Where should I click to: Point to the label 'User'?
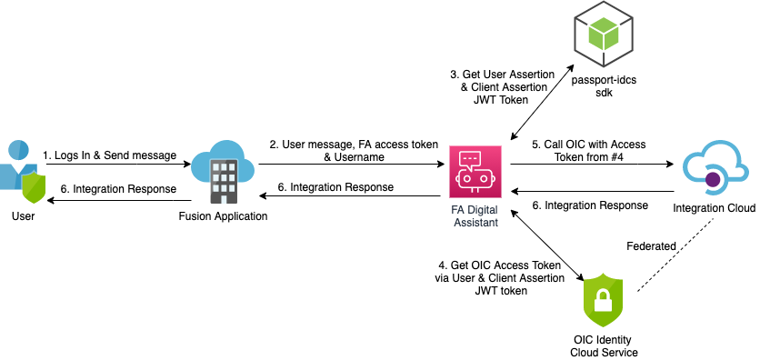23,217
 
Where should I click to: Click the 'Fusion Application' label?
224,217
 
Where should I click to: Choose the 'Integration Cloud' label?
714,209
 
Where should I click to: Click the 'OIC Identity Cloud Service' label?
604,345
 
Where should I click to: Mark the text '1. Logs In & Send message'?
109,155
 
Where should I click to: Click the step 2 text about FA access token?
354,151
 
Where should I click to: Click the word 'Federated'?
652,246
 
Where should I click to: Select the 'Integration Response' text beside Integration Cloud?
591,205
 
